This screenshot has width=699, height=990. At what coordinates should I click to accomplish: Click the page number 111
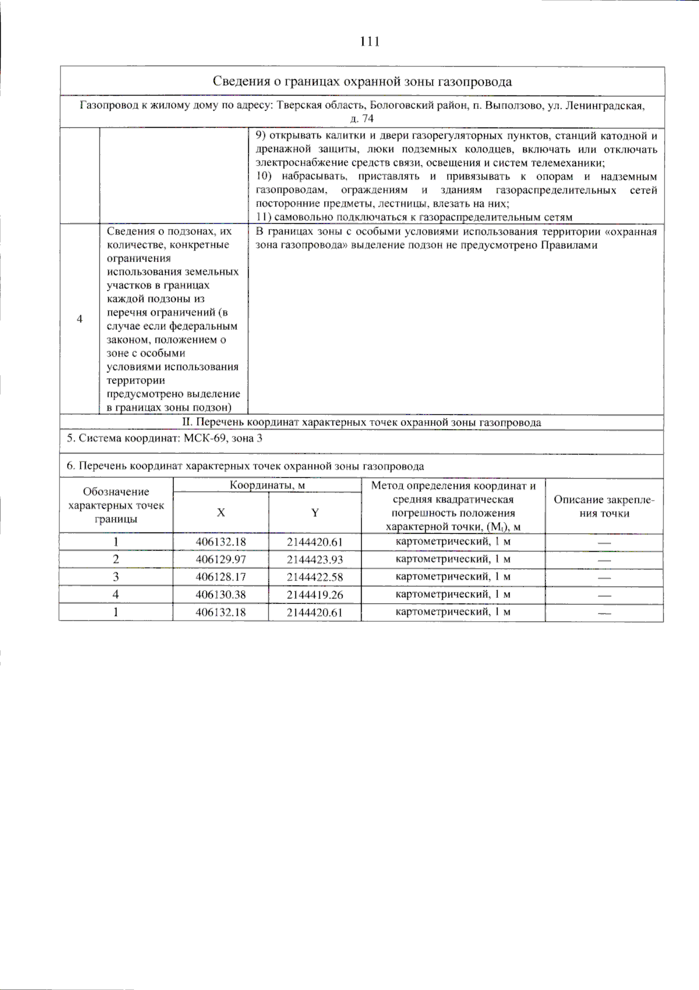(x=370, y=41)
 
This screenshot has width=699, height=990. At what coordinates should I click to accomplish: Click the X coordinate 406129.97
(x=221, y=559)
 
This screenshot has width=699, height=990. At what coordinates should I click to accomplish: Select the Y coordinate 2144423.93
(x=315, y=559)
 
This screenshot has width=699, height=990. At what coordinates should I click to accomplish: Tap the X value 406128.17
(x=221, y=577)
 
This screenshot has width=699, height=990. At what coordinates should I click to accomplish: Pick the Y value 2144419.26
(x=315, y=595)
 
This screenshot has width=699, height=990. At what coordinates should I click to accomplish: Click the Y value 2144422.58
(x=315, y=577)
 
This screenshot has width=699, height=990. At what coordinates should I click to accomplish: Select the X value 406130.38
(x=221, y=595)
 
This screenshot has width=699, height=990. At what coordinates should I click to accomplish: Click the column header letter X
(x=221, y=513)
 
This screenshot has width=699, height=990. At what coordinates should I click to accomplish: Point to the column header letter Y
(x=315, y=513)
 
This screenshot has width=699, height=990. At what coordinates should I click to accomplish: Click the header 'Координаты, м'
(x=267, y=485)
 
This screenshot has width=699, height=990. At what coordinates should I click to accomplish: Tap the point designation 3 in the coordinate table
(x=116, y=577)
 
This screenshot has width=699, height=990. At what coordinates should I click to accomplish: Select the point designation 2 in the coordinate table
(x=116, y=559)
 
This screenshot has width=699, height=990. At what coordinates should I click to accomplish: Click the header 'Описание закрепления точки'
(x=604, y=506)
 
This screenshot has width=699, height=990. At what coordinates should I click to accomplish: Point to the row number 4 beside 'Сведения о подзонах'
(x=80, y=319)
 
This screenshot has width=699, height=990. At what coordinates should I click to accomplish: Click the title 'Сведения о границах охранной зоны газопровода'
(x=362, y=82)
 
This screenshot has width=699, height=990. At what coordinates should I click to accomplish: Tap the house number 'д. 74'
(x=362, y=119)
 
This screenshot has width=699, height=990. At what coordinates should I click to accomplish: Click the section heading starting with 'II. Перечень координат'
(x=362, y=422)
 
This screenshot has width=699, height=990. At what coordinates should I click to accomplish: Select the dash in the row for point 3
(x=604, y=578)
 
